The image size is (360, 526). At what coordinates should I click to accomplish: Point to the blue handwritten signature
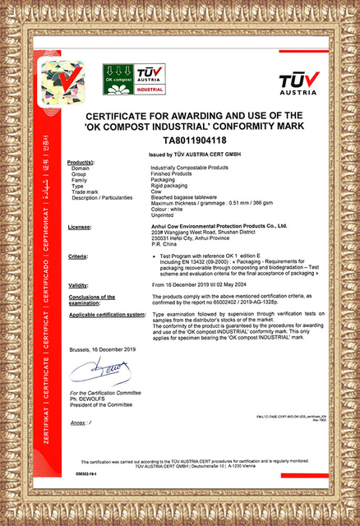(99, 372)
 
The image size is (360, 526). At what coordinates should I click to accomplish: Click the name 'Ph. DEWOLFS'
(87, 399)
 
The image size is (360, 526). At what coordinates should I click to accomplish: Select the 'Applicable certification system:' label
(108, 314)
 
